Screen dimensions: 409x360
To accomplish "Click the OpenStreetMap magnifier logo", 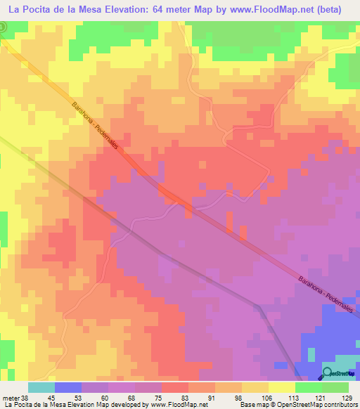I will (x=328, y=373).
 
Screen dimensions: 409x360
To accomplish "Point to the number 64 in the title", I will (x=150, y=10).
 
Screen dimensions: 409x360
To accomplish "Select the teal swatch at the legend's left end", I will (x=41, y=387).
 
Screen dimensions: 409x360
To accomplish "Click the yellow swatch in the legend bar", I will (x=281, y=387).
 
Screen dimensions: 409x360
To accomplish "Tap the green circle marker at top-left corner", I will (x=2, y=26).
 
